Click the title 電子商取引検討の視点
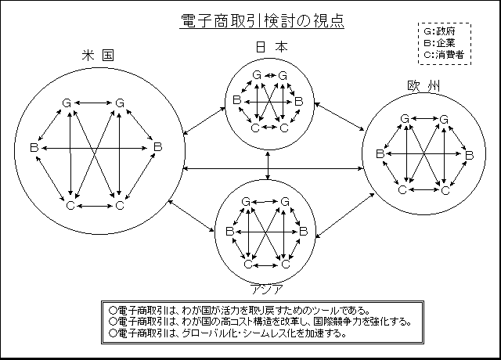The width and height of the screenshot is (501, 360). pos(262,21)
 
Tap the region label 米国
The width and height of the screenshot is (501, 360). pos(98,55)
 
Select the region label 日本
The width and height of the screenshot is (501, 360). pos(272,47)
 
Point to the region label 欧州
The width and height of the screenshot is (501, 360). pos(424,86)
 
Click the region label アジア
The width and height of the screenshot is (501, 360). pos(266,290)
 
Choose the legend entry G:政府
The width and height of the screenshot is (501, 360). pos(439,31)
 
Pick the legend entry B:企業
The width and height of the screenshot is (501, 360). pos(439,43)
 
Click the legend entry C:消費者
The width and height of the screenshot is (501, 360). pos(444,55)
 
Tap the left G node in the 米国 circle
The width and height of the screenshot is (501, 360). pos(67,103)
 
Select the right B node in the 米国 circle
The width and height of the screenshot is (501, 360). pos(158,147)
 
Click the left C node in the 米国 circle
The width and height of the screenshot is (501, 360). pos(70,205)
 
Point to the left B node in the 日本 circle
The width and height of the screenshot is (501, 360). pos(236,100)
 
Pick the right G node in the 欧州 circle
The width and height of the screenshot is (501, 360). pos(444,120)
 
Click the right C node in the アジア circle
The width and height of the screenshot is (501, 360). pos(286,265)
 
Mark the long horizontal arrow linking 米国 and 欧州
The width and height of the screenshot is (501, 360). pos(273,168)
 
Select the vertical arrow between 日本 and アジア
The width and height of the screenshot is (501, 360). pos(268,165)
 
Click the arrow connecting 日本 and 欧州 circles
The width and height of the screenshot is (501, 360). pos(339,117)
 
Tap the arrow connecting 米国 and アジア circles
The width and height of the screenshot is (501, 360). pos(191,215)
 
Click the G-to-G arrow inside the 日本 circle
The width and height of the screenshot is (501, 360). pos(270,75)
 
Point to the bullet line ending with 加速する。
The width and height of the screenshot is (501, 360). pos(228,333)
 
